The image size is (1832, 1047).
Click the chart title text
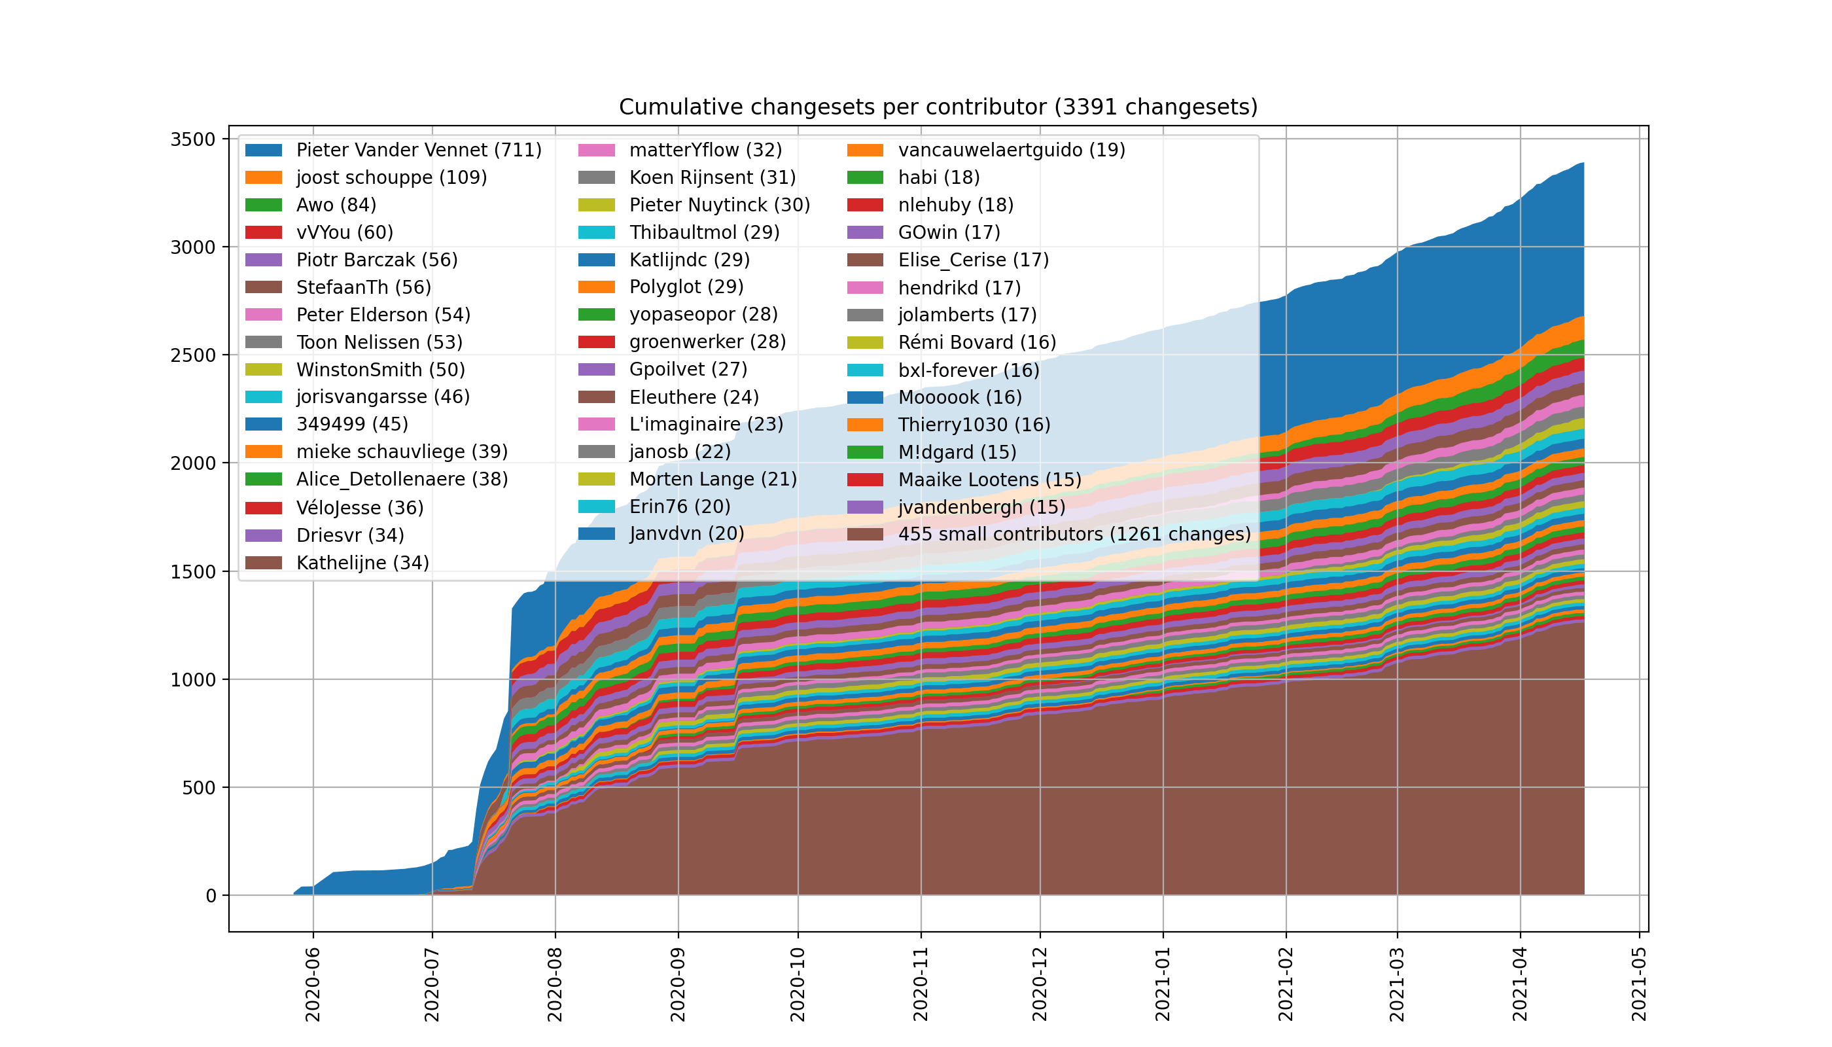(938, 107)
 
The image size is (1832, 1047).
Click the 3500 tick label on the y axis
(193, 139)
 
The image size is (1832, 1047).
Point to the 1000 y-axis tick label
(193, 679)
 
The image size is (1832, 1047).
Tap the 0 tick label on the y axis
(211, 896)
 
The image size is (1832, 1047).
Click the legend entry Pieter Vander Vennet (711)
(419, 151)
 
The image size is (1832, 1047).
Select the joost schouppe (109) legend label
(391, 177)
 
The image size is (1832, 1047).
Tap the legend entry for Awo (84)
(336, 205)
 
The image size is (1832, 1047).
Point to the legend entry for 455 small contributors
(1074, 534)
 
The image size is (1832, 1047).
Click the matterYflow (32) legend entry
(705, 151)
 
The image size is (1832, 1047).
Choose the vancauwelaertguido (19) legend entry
(1011, 151)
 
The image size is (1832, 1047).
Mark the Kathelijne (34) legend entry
(362, 562)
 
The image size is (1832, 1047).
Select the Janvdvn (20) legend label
(686, 533)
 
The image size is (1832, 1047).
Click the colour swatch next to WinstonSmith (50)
(263, 370)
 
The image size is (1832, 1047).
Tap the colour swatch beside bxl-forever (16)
(865, 370)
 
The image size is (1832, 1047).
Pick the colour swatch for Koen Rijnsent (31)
(596, 177)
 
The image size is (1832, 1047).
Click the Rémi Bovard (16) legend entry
(976, 342)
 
